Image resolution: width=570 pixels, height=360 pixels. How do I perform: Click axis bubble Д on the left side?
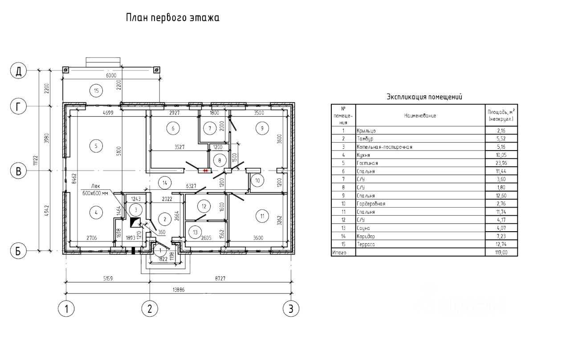point(19,70)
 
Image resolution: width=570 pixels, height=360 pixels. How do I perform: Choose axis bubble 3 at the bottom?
point(291,309)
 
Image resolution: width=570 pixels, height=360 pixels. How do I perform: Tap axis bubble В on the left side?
point(19,171)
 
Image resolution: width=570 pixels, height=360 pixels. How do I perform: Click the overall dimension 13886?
point(179,290)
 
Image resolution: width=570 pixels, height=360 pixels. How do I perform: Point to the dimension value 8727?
point(220,278)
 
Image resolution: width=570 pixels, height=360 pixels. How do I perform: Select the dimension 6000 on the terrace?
point(111,75)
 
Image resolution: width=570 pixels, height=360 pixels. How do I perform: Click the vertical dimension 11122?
point(36,160)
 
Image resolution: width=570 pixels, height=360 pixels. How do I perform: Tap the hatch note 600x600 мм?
point(95,193)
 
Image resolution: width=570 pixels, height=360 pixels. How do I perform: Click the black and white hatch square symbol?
point(135,222)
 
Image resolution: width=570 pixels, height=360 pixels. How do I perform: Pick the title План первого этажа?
point(173,18)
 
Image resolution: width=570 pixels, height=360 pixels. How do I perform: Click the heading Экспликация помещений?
point(424,97)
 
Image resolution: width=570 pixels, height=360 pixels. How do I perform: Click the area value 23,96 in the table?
point(501,163)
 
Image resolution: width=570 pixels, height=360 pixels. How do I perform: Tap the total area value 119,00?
point(501,252)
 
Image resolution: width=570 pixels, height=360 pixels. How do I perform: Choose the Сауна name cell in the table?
point(363,228)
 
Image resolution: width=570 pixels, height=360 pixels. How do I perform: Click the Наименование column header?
point(420,115)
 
